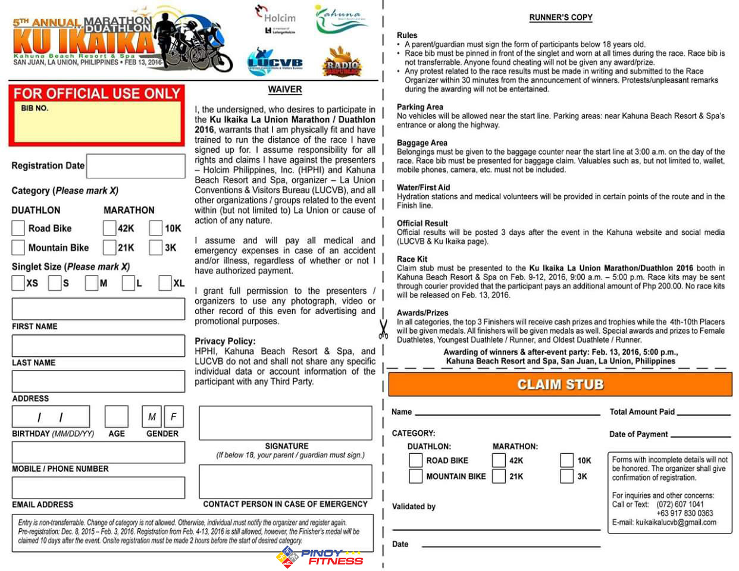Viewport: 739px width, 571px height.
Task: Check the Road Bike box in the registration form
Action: click(18, 228)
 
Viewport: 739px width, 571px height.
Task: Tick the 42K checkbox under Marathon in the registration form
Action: click(109, 228)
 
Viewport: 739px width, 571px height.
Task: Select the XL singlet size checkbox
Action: click(165, 283)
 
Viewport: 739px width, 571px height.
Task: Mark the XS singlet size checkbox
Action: click(18, 283)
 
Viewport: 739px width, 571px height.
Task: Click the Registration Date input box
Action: click(136, 166)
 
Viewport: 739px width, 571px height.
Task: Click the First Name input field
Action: click(98, 309)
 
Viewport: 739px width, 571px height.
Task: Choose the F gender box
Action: click(174, 417)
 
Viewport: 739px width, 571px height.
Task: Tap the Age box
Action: click(117, 417)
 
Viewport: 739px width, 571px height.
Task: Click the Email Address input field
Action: click(98, 488)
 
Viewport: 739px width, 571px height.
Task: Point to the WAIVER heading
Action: click(285, 89)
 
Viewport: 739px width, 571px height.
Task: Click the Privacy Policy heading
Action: click(225, 341)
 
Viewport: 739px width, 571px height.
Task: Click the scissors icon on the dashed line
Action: click(383, 329)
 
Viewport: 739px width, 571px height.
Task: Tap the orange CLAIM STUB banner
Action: click(560, 384)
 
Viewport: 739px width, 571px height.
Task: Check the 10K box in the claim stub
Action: click(566, 460)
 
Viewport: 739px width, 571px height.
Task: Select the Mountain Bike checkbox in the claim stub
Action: click(415, 476)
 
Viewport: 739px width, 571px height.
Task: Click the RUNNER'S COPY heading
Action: click(560, 17)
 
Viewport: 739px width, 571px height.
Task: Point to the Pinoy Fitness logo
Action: click(320, 557)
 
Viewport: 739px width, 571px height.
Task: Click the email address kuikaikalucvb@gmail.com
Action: click(675, 522)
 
